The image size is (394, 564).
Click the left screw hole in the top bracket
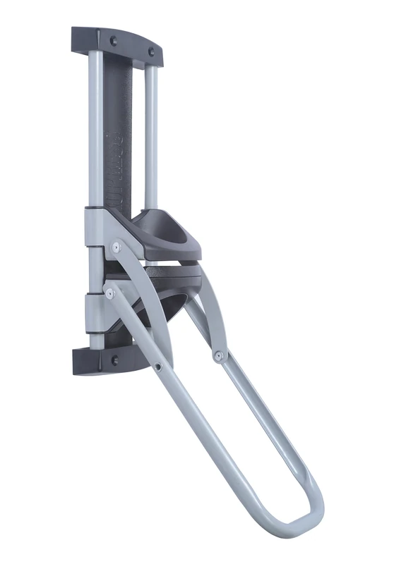(113, 41)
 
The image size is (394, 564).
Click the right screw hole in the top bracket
(150, 51)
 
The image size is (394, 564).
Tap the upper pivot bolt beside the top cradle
(116, 247)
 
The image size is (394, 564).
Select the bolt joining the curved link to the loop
(219, 357)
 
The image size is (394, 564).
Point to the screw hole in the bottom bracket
(114, 360)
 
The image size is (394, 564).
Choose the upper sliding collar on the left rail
(94, 226)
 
